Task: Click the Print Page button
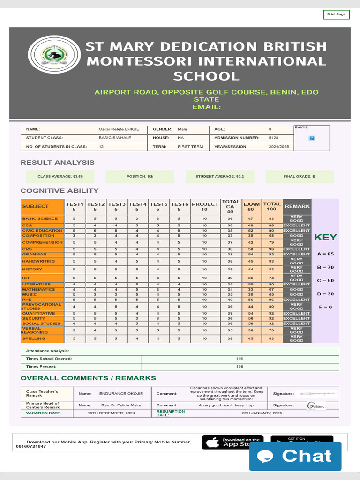point(336,15)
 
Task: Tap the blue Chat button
point(295,456)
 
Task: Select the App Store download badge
point(232,442)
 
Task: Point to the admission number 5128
point(274,138)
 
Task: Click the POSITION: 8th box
point(140,177)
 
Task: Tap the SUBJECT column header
point(42,207)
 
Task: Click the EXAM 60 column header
point(251,207)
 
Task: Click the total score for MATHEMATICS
point(271,290)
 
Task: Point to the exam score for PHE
point(251,300)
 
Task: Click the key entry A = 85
point(325,254)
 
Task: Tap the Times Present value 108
point(240,367)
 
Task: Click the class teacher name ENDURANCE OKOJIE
point(121,394)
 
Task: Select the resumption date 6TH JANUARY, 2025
point(262,413)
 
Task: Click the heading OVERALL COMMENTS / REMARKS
point(88,378)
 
